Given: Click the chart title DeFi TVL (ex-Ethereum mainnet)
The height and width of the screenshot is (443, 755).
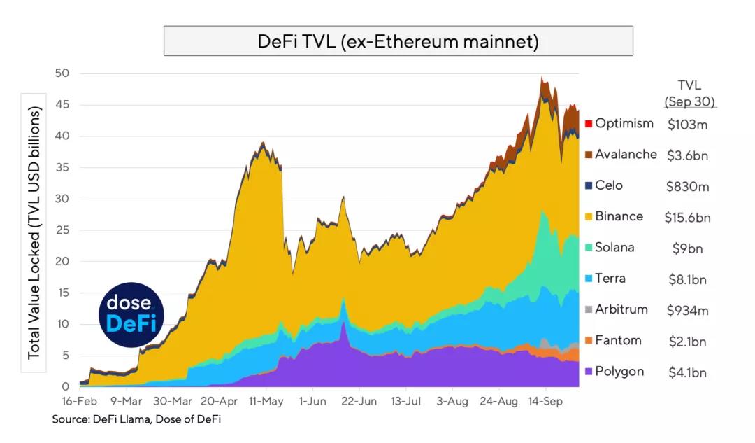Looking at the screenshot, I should tap(398, 41).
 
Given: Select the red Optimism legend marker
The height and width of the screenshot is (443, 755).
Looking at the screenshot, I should tap(589, 124).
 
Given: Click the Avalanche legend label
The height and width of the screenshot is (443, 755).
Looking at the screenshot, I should tap(626, 155).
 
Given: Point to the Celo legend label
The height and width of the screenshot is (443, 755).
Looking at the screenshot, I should tap(609, 185).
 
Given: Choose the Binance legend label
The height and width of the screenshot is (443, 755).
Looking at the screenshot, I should tap(619, 216).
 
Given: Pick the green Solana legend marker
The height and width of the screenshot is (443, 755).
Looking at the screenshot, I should tap(589, 248).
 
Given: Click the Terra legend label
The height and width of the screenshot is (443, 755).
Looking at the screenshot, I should tap(610, 279).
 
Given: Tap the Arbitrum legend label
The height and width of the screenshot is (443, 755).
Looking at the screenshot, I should tap(621, 309).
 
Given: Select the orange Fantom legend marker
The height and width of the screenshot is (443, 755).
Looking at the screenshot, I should tap(589, 341).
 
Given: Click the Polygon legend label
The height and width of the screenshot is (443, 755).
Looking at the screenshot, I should tap(619, 372).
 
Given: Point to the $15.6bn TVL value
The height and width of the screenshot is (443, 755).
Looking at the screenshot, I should tap(687, 218).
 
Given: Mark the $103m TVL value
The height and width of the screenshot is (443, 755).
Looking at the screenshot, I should tap(687, 125).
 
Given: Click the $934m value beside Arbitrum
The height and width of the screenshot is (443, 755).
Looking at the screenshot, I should tap(687, 311).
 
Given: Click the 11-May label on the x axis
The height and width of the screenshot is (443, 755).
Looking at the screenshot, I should tap(265, 402).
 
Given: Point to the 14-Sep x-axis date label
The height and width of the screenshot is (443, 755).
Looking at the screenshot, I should tap(545, 402).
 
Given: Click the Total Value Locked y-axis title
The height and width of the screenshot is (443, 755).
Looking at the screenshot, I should tap(34, 233).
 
